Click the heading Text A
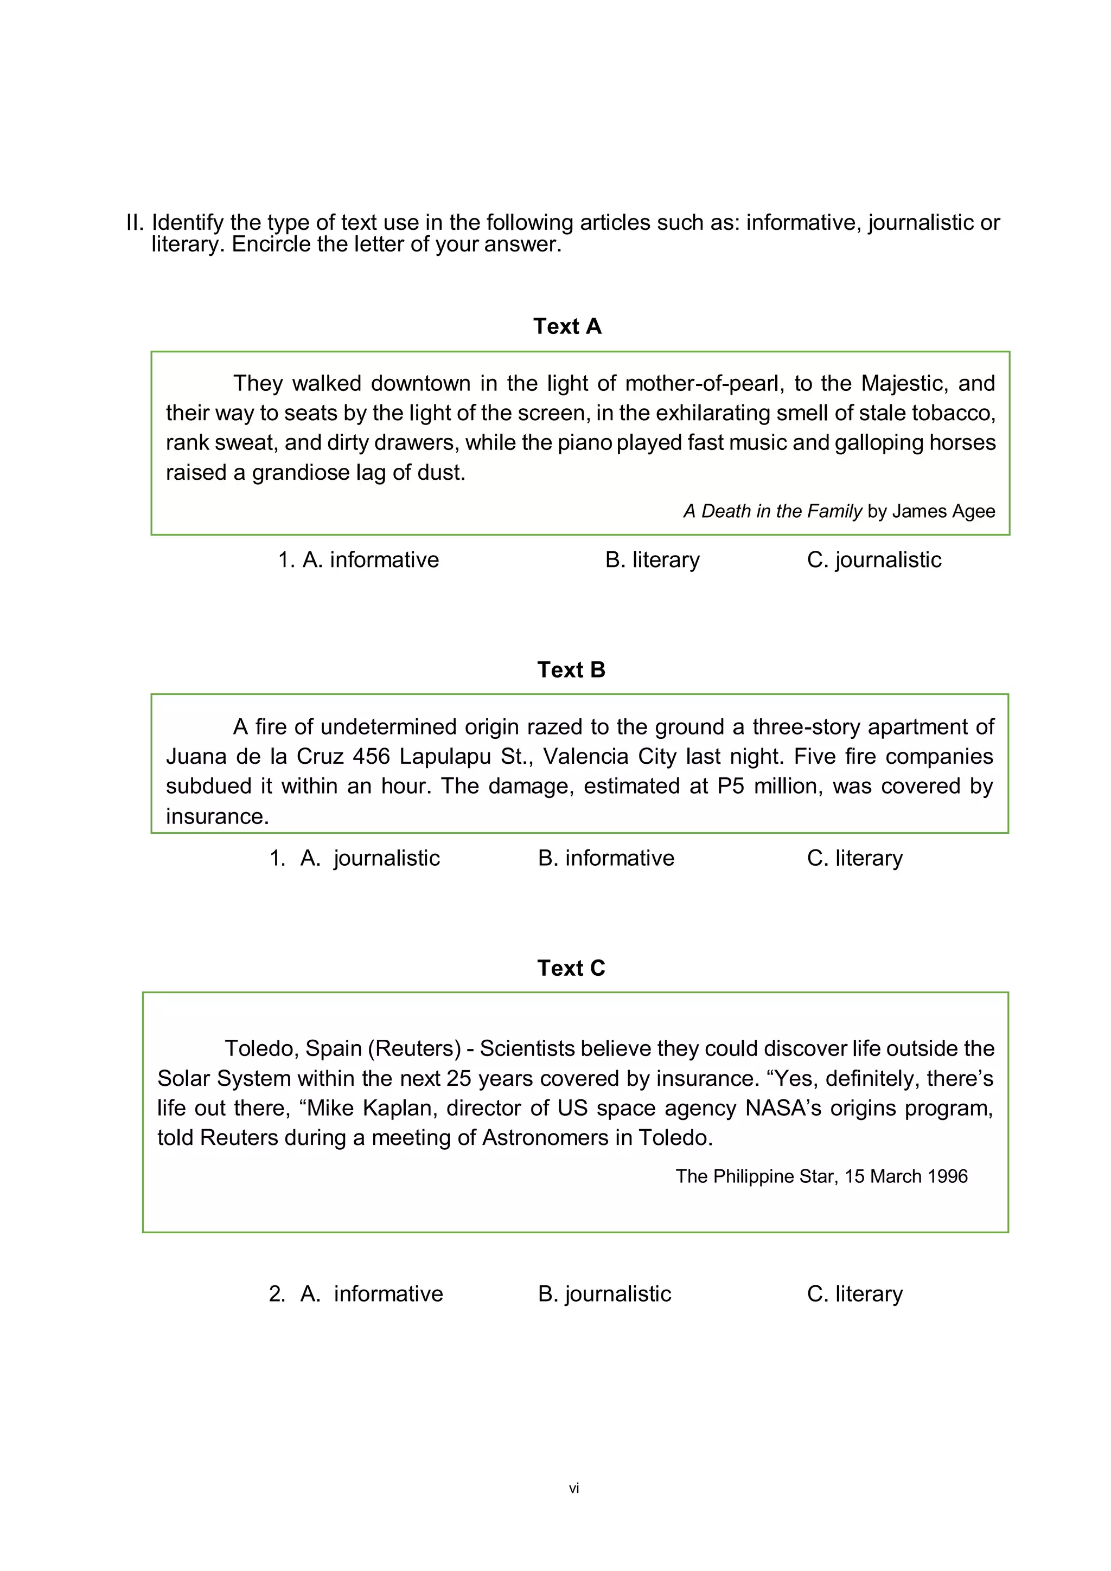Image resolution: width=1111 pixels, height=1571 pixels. (x=567, y=326)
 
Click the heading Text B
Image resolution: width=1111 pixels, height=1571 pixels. (x=571, y=670)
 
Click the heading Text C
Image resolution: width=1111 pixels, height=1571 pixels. (x=571, y=968)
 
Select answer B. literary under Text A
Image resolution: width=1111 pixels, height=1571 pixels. (x=653, y=559)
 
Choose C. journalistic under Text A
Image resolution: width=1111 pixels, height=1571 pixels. (x=873, y=559)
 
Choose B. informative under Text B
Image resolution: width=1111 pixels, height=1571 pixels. (x=606, y=858)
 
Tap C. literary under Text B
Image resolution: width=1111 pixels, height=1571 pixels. (x=854, y=858)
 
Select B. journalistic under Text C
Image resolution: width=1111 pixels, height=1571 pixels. (x=604, y=1294)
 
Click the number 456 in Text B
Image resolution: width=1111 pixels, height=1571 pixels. (x=371, y=757)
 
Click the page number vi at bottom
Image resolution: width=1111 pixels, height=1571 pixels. (x=573, y=1488)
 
